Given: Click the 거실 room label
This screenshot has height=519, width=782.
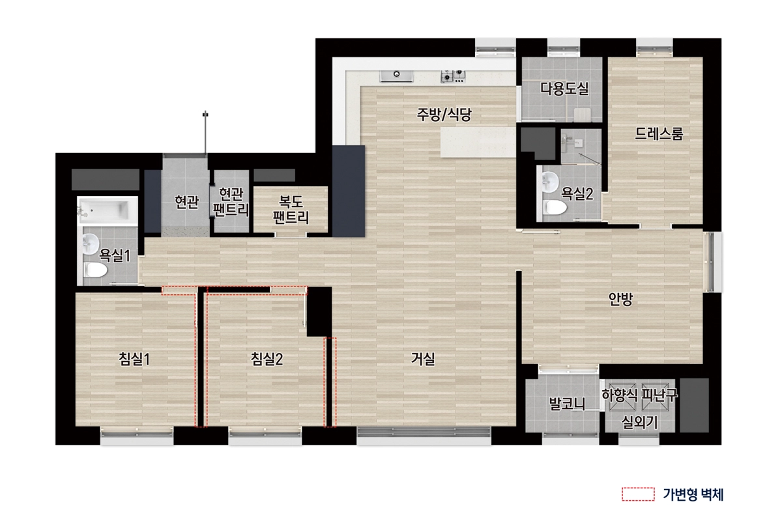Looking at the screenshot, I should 423,358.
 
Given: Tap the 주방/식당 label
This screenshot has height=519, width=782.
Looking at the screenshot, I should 444,115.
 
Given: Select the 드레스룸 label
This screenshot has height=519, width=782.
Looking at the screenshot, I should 659,134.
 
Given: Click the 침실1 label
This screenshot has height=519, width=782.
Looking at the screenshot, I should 135,358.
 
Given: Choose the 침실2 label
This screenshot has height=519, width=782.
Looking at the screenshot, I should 267,358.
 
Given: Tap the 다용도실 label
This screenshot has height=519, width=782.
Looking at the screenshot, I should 564,89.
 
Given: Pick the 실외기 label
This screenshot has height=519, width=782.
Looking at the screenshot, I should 639,422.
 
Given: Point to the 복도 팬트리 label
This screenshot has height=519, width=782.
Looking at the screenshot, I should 290,208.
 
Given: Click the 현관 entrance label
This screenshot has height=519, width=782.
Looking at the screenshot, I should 186,202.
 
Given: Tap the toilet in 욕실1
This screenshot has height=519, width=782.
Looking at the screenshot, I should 94,270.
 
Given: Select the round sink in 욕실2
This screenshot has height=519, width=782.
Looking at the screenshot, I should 549,180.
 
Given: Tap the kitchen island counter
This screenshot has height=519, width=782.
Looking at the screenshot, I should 478,142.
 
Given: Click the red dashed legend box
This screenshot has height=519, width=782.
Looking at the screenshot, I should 638,494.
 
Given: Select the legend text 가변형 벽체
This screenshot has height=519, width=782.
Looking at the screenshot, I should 692,494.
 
